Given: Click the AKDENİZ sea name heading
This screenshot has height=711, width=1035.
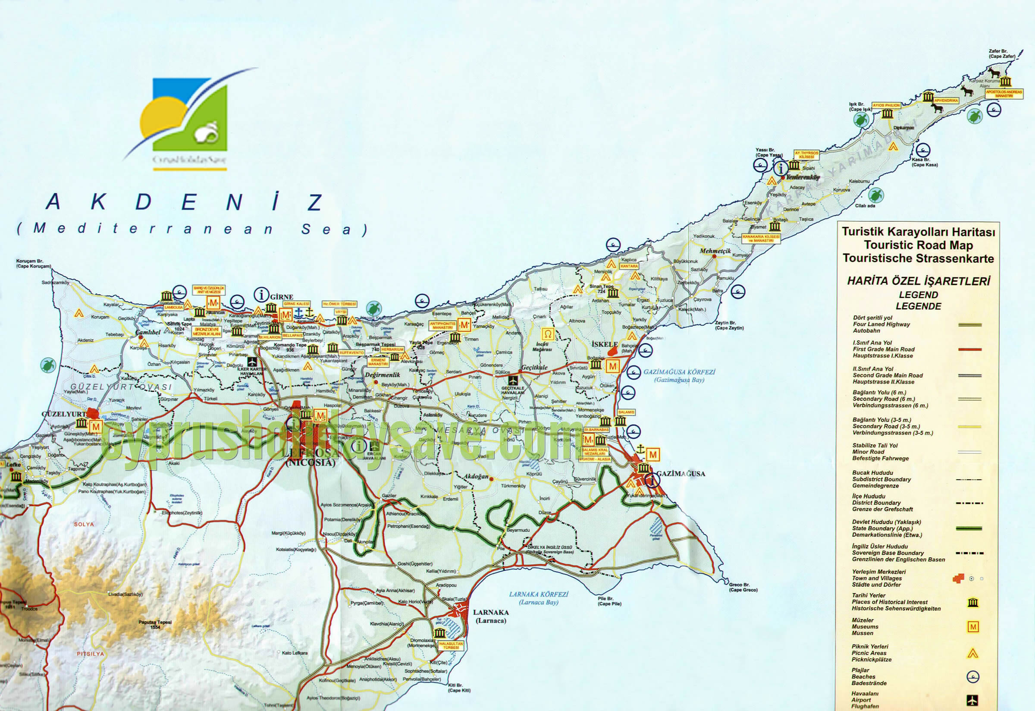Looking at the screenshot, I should pyautogui.click(x=185, y=202).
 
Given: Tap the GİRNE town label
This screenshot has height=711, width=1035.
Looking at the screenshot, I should pyautogui.click(x=282, y=297).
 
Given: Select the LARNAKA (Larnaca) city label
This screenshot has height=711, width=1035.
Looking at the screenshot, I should pyautogui.click(x=491, y=616).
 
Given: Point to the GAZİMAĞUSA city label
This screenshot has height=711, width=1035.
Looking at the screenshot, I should pyautogui.click(x=681, y=474).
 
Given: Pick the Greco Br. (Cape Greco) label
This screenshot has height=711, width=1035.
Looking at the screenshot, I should pyautogui.click(x=743, y=587).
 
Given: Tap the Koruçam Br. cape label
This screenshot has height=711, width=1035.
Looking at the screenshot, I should pyautogui.click(x=33, y=264).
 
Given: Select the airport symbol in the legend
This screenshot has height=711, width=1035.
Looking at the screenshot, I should pyautogui.click(x=972, y=700).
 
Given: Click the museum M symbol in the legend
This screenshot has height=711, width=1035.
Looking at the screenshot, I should pyautogui.click(x=972, y=627).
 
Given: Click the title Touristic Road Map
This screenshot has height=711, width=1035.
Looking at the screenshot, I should pyautogui.click(x=918, y=245).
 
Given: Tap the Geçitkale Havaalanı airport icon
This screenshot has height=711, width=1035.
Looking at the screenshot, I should pyautogui.click(x=513, y=381).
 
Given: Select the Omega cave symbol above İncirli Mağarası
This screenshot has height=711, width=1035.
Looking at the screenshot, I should pyautogui.click(x=548, y=333).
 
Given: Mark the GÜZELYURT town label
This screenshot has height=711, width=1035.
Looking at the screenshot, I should pyautogui.click(x=63, y=414).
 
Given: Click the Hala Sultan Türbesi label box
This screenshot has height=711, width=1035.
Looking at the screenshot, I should pyautogui.click(x=451, y=645).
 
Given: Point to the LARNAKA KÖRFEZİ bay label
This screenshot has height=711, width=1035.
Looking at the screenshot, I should pyautogui.click(x=539, y=598).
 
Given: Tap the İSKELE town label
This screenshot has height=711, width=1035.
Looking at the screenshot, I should pyautogui.click(x=604, y=344).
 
